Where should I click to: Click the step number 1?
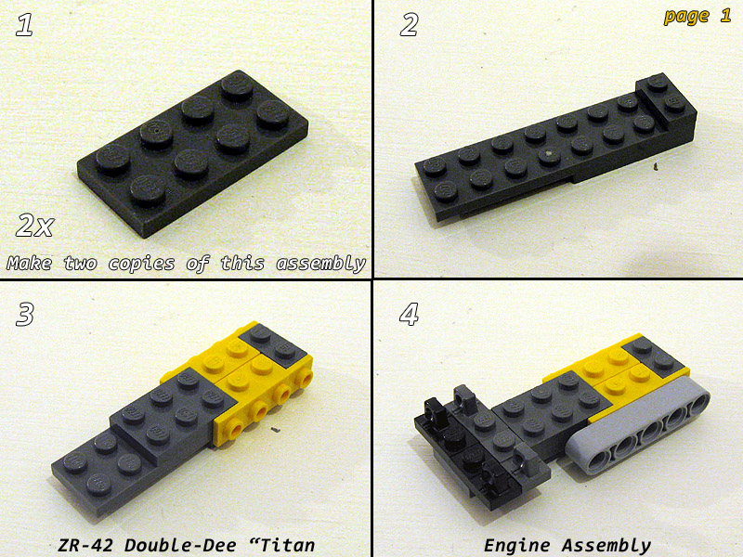pyautogui.click(x=24, y=25)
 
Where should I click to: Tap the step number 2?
pyautogui.click(x=409, y=25)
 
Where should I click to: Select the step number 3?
pyautogui.click(x=25, y=315)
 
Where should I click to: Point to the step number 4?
pyautogui.click(x=410, y=315)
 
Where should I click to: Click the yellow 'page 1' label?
pyautogui.click(x=697, y=17)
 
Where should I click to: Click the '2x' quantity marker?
pyautogui.click(x=35, y=226)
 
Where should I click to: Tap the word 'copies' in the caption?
pyautogui.click(x=141, y=264)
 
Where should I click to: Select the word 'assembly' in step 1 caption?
pyautogui.click(x=321, y=264)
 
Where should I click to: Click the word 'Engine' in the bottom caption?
pyautogui.click(x=517, y=546)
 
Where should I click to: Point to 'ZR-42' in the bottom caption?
pyautogui.click(x=85, y=545)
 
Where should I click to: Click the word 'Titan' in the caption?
pyautogui.click(x=288, y=545)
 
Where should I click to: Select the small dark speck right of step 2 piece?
pyautogui.click(x=656, y=166)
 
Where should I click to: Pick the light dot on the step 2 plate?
pyautogui.click(x=549, y=153)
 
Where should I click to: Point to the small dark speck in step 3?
pyautogui.click(x=275, y=430)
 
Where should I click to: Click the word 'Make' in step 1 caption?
pyautogui.click(x=30, y=263)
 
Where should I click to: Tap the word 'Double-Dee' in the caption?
pyautogui.click(x=180, y=545)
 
